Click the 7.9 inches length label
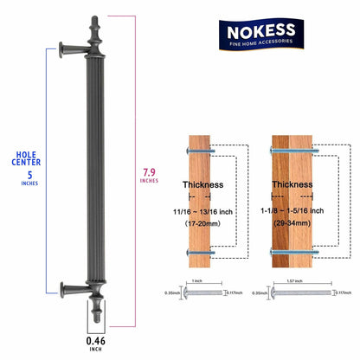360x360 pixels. coord(148,176)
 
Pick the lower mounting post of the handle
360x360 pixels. coord(71,288)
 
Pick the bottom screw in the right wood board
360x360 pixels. coord(290,254)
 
